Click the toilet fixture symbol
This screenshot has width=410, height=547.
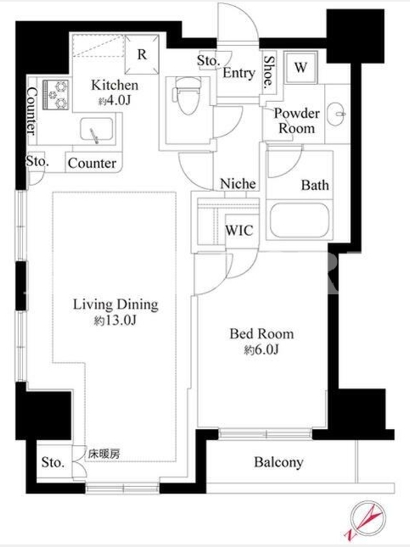point(187,96)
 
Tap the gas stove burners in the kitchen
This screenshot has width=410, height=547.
point(56,94)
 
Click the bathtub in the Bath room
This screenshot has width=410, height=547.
point(300,220)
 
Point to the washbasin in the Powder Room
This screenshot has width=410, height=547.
point(337,114)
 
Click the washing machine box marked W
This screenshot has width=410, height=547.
point(301,67)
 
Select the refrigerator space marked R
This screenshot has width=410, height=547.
point(141,55)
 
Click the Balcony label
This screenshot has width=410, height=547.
point(279,462)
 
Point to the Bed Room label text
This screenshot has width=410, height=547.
point(262,334)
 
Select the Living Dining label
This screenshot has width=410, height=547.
point(115,304)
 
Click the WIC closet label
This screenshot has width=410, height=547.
point(239,230)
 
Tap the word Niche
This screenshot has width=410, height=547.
point(238,183)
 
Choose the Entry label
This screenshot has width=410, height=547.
point(238,73)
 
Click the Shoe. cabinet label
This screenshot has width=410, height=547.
point(269,71)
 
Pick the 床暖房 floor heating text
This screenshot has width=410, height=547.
point(104,454)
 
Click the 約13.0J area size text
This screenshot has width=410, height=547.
point(115,321)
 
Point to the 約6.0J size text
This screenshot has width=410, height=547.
point(262,349)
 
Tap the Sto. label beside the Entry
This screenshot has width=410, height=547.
point(208,61)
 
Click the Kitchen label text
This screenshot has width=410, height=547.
point(115,85)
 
